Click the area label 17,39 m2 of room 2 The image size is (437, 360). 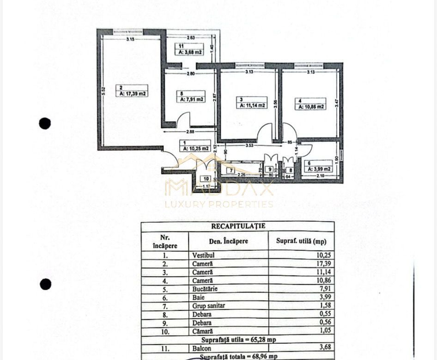coord(133,93)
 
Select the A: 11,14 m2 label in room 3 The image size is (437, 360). coord(252,105)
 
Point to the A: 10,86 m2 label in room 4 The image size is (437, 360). coord(310,106)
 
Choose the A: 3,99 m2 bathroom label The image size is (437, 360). coord(318,169)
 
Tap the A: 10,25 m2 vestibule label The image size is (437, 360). coord(196,148)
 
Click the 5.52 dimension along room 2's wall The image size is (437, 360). coord(104,92)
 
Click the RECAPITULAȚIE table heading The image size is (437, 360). coord(238,226)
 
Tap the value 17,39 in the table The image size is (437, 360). coord(324,263)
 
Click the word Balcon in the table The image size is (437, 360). coord(201,347)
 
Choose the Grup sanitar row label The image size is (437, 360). coord(207,306)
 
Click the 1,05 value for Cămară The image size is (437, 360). coord(324,331)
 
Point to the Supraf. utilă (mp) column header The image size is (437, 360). coord(301,241)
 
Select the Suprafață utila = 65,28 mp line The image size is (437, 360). coord(237,339)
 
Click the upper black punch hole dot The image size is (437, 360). coord(45,123)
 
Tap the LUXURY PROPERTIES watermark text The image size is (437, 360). coord(219,204)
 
